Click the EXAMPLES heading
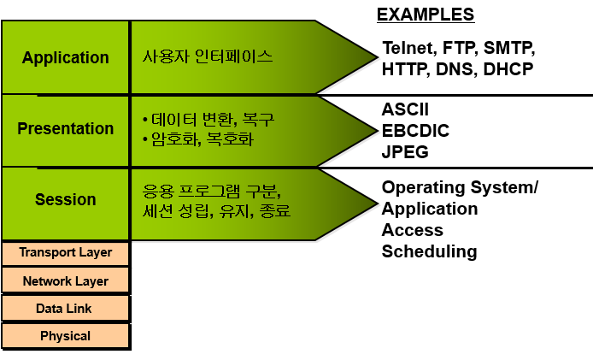click(x=425, y=15)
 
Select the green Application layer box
click(x=66, y=58)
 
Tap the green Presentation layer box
click(x=66, y=129)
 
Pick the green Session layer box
click(x=66, y=200)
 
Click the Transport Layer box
click(x=66, y=252)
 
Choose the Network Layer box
click(x=66, y=280)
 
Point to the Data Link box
click(x=66, y=308)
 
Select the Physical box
click(x=66, y=336)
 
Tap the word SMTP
click(x=510, y=47)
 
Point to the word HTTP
click(x=406, y=69)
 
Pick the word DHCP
click(x=508, y=69)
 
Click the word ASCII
click(x=405, y=109)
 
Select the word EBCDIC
click(x=415, y=131)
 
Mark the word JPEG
click(x=405, y=152)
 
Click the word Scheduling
click(x=429, y=251)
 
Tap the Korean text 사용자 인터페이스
click(x=208, y=57)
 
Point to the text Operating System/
click(x=460, y=187)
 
